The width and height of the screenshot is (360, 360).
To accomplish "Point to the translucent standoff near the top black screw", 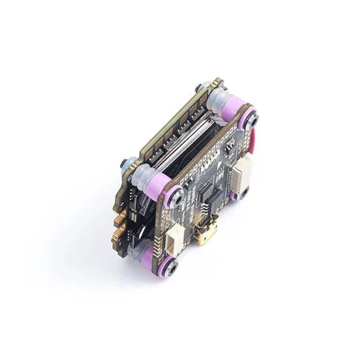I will [219, 101].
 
